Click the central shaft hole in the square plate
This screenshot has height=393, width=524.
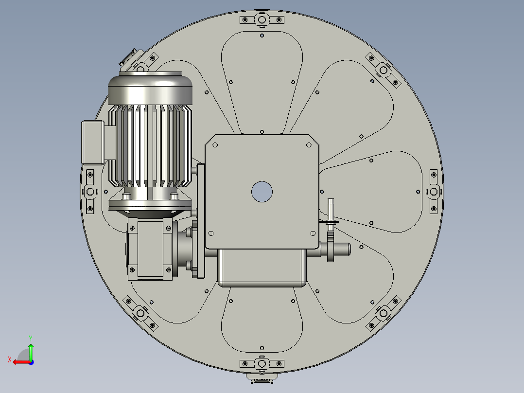[262, 192]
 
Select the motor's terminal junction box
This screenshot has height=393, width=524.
[93, 142]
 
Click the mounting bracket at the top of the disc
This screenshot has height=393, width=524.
[262, 20]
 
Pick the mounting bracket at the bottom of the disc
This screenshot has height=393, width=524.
[262, 363]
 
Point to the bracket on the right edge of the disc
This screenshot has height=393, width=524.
[434, 192]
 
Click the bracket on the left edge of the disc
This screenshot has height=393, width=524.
[90, 191]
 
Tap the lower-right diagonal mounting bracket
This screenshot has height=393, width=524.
[383, 312]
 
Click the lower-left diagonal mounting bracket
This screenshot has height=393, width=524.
[140, 312]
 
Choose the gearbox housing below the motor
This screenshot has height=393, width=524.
[151, 249]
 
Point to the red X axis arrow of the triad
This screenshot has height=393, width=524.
[18, 362]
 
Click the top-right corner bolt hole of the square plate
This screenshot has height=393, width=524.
[309, 144]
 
